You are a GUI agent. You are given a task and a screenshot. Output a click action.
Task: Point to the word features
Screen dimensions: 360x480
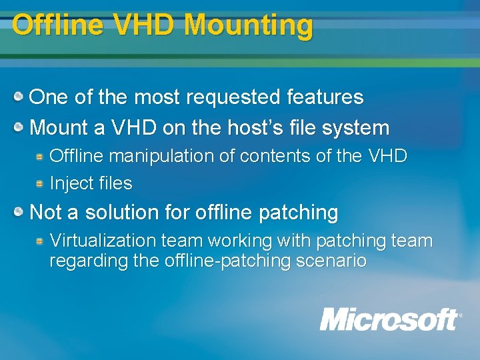pyautogui.click(x=325, y=97)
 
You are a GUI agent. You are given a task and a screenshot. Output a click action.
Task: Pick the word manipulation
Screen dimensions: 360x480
pyautogui.click(x=162, y=156)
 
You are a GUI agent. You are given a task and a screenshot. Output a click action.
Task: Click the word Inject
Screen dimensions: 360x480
pyautogui.click(x=71, y=183)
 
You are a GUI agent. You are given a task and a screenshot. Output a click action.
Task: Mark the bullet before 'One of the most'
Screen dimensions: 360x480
pyautogui.click(x=21, y=97)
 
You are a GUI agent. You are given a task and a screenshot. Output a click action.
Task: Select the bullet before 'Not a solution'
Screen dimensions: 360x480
pyautogui.click(x=21, y=213)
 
